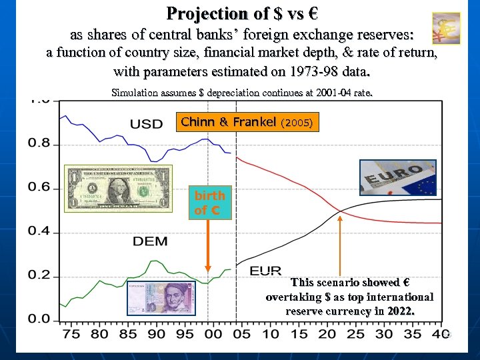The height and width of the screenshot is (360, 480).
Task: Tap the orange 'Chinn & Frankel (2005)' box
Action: [x=247, y=123]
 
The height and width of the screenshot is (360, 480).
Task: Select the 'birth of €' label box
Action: [x=210, y=203]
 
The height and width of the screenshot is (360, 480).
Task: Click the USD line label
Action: [x=146, y=124]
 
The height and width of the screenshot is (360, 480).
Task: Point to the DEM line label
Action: [x=150, y=241]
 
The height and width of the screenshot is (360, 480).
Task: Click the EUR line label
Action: [x=265, y=271]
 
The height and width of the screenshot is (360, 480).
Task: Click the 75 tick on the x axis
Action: [x=70, y=333]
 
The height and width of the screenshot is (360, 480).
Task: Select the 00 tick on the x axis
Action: [x=213, y=333]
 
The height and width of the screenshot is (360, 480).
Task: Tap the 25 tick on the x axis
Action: [x=356, y=333]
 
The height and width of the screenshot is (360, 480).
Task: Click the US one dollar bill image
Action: [x=117, y=188]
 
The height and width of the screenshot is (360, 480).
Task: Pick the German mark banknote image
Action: [x=160, y=297]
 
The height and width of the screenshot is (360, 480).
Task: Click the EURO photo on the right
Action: [x=398, y=177]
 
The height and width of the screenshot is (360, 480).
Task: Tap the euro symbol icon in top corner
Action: [x=445, y=28]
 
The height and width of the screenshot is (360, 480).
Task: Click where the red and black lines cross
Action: [x=340, y=212]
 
